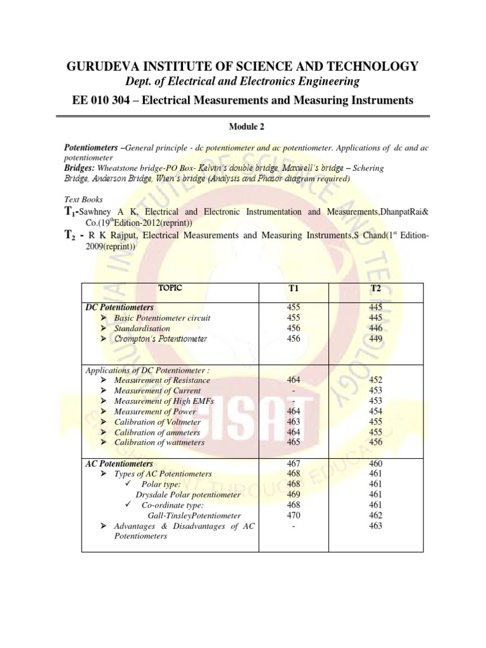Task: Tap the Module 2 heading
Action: click(x=243, y=127)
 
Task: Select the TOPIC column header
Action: click(x=170, y=288)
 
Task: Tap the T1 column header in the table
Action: click(x=293, y=289)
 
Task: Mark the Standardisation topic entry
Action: click(x=142, y=328)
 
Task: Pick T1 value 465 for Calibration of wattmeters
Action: click(x=293, y=443)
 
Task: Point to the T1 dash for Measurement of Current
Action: click(x=293, y=390)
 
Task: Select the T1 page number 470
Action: click(x=293, y=515)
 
